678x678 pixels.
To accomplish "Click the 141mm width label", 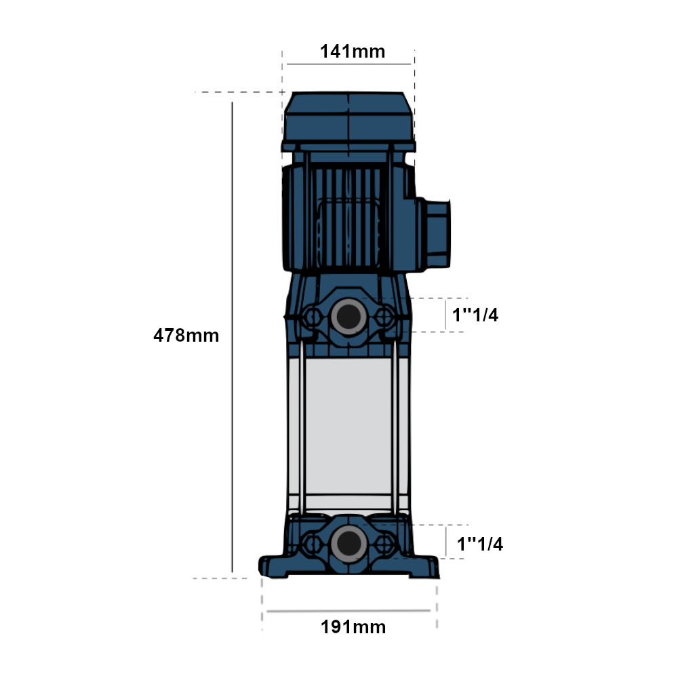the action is (353, 52).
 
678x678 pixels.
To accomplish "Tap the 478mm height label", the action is (186, 336).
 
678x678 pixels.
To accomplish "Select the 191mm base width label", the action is (353, 627).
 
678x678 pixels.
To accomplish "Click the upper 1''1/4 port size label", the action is (475, 315).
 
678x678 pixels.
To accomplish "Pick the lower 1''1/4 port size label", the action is (480, 544).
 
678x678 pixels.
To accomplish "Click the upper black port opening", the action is (349, 317).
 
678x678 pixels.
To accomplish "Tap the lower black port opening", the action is (349, 544).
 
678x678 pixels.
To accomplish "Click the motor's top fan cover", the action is (348, 121).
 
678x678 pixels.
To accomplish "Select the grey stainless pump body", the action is (348, 426).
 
